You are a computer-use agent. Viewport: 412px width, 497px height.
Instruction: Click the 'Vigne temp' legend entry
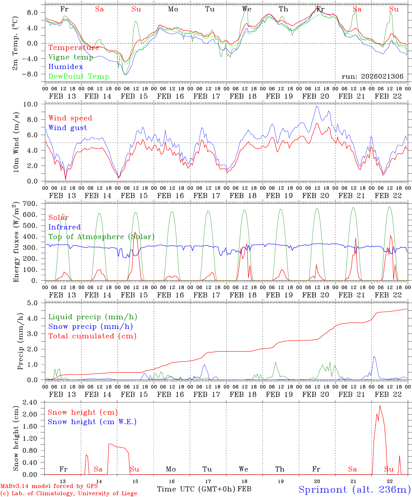point(71,57)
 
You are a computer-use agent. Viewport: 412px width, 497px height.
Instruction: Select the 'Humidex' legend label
point(66,67)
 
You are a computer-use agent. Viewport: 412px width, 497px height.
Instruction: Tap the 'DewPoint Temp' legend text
point(79,76)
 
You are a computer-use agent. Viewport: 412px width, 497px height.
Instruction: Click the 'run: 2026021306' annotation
point(372,76)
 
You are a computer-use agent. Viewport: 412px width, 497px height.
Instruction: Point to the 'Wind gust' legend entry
point(68,128)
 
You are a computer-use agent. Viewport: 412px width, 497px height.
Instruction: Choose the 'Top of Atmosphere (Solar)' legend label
point(101,237)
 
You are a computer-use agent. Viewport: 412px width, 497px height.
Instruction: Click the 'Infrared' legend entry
point(65,227)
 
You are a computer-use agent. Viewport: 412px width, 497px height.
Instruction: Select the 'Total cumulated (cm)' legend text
point(92,336)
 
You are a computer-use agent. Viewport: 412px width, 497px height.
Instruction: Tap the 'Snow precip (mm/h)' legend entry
point(90,327)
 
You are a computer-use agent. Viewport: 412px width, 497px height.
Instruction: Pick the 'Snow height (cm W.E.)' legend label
point(92,422)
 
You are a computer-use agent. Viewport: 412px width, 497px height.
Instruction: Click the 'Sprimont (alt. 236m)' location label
point(354,489)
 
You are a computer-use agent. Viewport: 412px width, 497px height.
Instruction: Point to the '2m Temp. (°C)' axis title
point(16,43)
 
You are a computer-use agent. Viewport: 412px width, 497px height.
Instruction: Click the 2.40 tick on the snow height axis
point(34,402)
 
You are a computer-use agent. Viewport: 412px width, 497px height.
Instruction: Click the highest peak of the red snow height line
point(380,406)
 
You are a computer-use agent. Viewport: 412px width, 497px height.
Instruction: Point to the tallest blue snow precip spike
point(374,357)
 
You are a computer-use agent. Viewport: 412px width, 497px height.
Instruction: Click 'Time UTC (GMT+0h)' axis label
point(196,489)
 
